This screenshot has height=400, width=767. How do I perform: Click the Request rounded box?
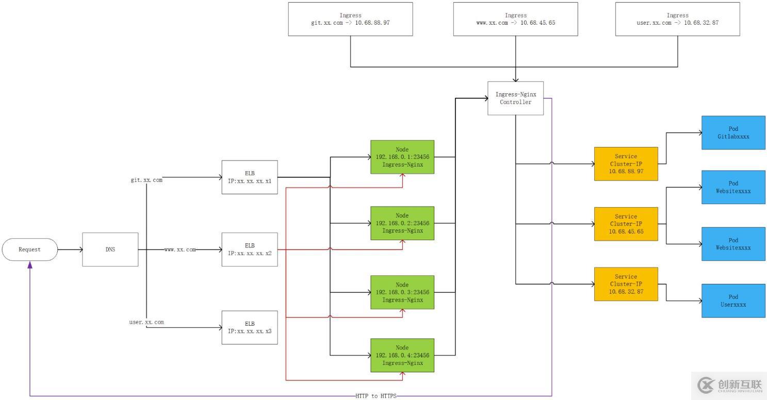[x=29, y=249]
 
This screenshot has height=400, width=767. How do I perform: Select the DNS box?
[x=110, y=249]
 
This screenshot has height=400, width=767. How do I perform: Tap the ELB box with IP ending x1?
[x=250, y=177]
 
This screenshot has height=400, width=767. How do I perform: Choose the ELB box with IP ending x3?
[x=250, y=327]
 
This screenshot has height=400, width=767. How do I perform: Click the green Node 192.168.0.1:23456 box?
[x=402, y=157]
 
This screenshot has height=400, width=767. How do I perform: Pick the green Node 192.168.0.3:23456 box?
[x=402, y=292]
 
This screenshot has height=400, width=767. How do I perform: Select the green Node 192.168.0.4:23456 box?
[x=402, y=355]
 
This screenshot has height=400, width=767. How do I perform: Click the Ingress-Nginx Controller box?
[x=515, y=98]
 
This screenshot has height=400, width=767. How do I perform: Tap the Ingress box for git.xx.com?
[x=350, y=19]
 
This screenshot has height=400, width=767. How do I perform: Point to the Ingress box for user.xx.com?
[x=677, y=19]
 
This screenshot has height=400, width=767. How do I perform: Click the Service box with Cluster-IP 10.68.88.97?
[x=626, y=164]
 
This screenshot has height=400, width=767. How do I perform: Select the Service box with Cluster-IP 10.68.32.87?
[x=626, y=284]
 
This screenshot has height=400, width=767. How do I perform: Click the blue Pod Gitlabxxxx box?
[x=733, y=133]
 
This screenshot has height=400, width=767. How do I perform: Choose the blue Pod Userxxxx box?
[x=733, y=301]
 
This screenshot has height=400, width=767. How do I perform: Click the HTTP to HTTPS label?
[x=376, y=396]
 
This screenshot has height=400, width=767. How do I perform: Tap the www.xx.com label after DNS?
[x=180, y=249]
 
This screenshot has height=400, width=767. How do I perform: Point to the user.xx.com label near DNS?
[x=146, y=322]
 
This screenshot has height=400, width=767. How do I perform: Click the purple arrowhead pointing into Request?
[x=30, y=264]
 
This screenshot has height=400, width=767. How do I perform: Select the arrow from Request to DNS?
[x=70, y=249]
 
